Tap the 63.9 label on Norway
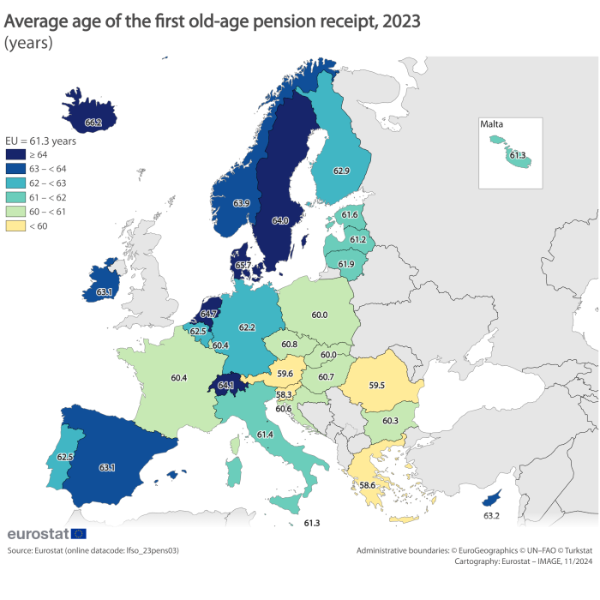(x=241, y=203)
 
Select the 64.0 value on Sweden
(x=279, y=220)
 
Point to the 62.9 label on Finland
(x=340, y=171)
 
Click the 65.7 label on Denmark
(x=242, y=266)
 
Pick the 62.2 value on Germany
(x=248, y=327)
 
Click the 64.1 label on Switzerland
(x=227, y=386)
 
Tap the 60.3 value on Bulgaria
(x=390, y=421)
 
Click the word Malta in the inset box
(x=492, y=124)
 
